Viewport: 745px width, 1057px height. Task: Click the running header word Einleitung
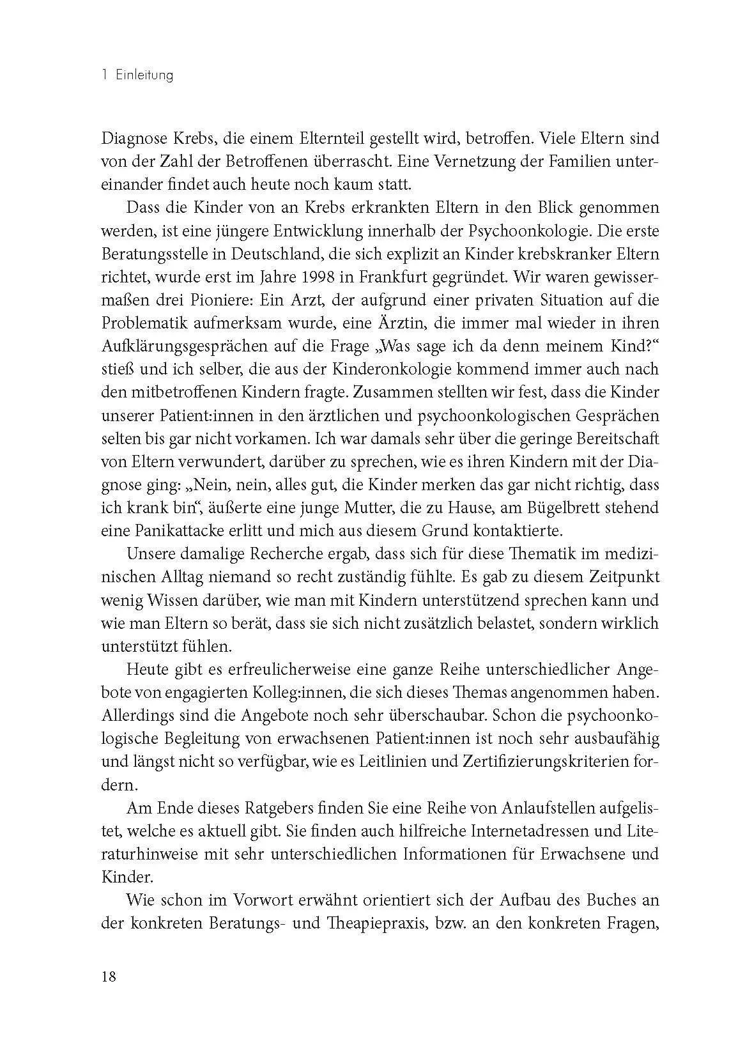click(144, 75)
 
